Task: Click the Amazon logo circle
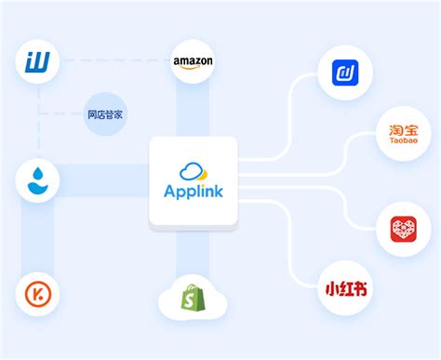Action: (x=193, y=63)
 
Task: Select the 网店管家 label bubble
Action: (x=105, y=115)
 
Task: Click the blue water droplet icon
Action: (x=38, y=181)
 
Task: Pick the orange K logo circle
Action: (x=38, y=296)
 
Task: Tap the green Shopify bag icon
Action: (x=193, y=297)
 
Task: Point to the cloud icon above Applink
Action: (x=194, y=171)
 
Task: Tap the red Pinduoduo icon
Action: (x=403, y=229)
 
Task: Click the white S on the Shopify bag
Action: (x=193, y=299)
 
